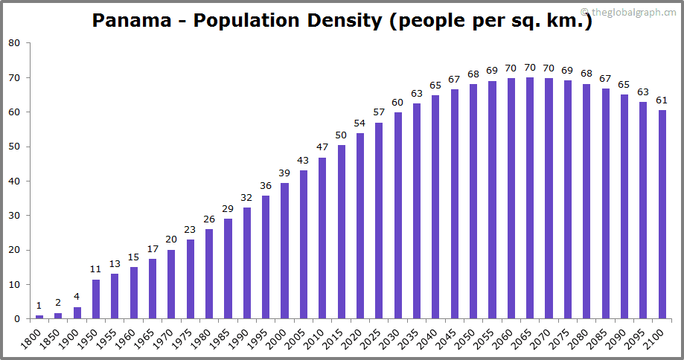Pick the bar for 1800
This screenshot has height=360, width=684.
pyautogui.click(x=39, y=317)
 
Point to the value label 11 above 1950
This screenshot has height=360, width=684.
pyautogui.click(x=96, y=269)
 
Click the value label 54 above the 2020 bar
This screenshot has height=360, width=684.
pyautogui.click(x=361, y=123)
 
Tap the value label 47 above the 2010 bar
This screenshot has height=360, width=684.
pyautogui.click(x=323, y=147)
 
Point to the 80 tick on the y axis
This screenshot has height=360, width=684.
pyautogui.click(x=14, y=43)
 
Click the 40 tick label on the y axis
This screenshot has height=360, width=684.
pyautogui.click(x=14, y=181)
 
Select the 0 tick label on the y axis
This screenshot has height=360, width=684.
pyautogui.click(x=17, y=320)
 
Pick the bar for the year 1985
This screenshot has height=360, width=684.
pyautogui.click(x=228, y=269)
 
